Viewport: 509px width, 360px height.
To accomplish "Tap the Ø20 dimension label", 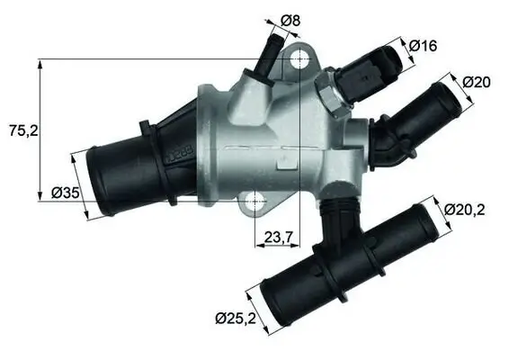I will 478,82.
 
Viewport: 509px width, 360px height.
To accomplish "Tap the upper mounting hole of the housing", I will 300,60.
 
